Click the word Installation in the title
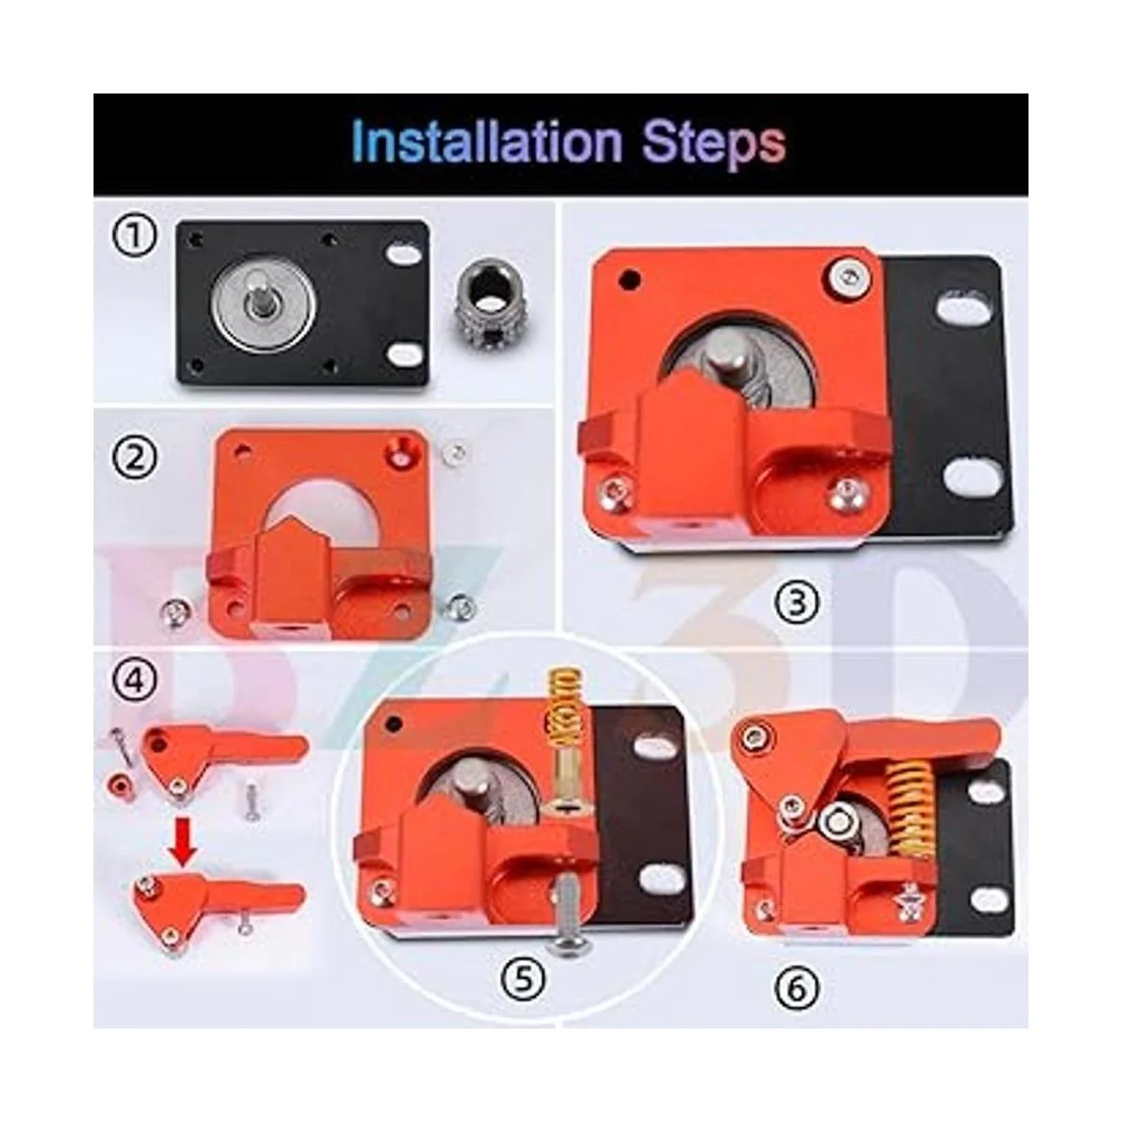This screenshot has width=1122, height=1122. (487, 141)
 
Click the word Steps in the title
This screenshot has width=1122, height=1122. (714, 144)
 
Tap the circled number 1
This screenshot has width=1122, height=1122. (135, 236)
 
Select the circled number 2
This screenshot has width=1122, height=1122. (135, 458)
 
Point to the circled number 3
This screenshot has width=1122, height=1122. (798, 601)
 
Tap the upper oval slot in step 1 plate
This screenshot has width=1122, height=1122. (401, 253)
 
